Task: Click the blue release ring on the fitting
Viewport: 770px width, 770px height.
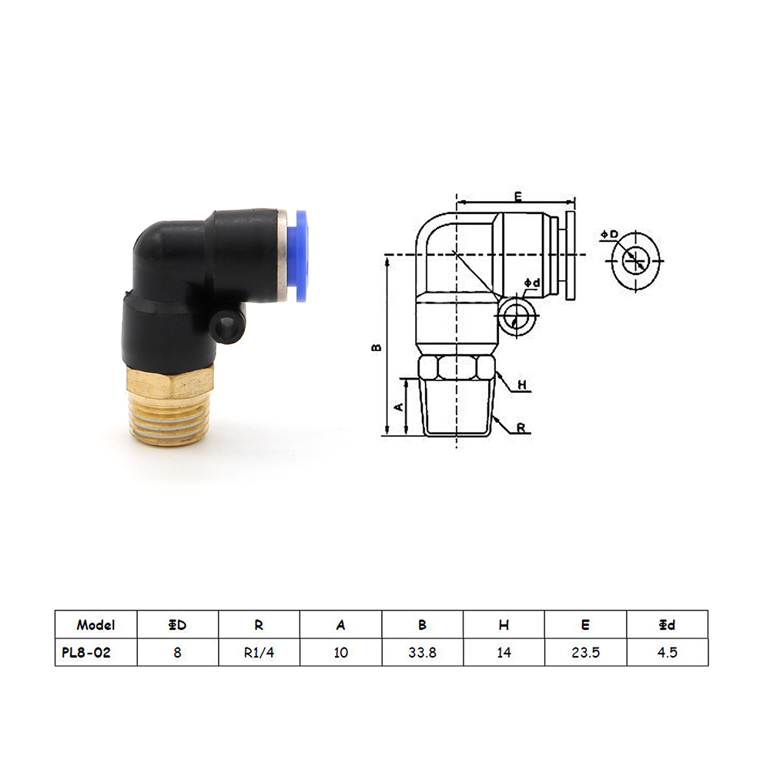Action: click(x=301, y=256)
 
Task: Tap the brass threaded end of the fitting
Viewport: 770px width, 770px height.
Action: click(x=169, y=421)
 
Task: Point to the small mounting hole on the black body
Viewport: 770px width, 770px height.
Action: click(x=227, y=326)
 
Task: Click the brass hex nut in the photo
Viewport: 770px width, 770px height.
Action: click(x=170, y=383)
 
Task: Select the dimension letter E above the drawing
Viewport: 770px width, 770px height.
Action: click(x=518, y=196)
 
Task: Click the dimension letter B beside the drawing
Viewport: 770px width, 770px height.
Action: click(x=377, y=346)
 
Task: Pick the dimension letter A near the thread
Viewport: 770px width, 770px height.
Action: click(x=399, y=407)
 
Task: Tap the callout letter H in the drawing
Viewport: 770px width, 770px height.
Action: click(x=522, y=384)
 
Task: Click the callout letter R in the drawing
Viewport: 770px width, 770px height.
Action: click(x=521, y=428)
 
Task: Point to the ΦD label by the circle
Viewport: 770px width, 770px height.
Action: click(x=609, y=235)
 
